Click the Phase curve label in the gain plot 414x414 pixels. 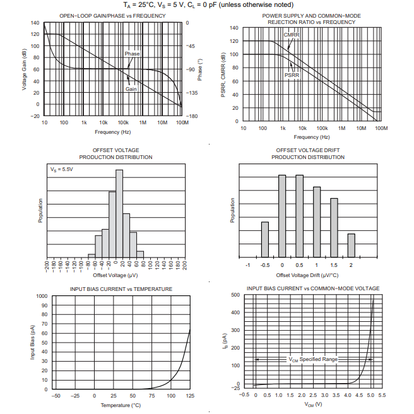point(132,54)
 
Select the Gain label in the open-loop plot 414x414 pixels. point(131,89)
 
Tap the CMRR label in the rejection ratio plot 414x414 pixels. point(291,35)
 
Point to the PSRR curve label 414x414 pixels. point(292,74)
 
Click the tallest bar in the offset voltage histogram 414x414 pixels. point(119,213)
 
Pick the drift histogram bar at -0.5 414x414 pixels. point(265,239)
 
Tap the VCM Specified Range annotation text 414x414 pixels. point(313,359)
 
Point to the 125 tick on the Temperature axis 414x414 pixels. point(190,395)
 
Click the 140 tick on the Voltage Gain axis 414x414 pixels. point(34,23)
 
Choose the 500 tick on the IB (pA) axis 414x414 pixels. point(235,295)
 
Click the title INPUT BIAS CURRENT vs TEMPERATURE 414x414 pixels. point(121,289)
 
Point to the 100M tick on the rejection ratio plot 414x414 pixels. point(381,128)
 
